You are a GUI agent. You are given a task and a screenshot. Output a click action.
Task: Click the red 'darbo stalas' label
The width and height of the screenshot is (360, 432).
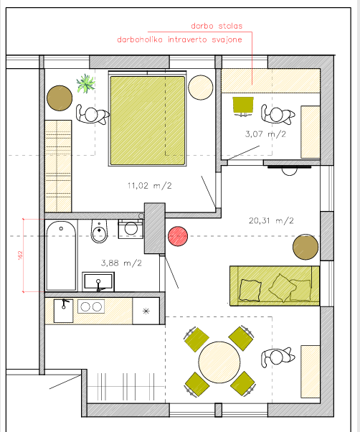pyautogui.click(x=217, y=26)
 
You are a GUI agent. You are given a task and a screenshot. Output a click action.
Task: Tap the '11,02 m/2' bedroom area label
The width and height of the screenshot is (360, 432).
pyautogui.click(x=149, y=185)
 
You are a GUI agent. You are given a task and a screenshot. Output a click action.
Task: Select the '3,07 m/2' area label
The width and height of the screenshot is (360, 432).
pyautogui.click(x=265, y=134)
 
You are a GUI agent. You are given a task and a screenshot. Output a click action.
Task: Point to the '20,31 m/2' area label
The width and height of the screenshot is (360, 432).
pyautogui.click(x=271, y=220)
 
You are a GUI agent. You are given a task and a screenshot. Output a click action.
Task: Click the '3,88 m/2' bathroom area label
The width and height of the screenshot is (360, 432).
pyautogui.click(x=121, y=263)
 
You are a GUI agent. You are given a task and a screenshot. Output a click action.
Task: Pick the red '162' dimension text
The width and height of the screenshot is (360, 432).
pyautogui.click(x=20, y=255)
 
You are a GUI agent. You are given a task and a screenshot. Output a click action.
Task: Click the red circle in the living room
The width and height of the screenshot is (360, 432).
pyautogui.click(x=178, y=236)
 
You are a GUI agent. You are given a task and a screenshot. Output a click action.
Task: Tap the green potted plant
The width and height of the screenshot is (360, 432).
pyautogui.click(x=86, y=83)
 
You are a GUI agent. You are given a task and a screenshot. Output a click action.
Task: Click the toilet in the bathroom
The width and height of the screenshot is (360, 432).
pyautogui.click(x=99, y=231)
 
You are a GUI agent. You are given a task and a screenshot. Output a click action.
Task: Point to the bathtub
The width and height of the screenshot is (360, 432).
pyautogui.click(x=61, y=255)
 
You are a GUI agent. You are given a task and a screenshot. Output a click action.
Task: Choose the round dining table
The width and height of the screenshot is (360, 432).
pyautogui.click(x=219, y=362)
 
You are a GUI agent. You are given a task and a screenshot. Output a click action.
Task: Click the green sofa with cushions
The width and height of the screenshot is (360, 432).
pyautogui.click(x=275, y=286)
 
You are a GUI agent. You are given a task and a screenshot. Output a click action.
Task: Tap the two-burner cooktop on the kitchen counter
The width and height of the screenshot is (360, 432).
pyautogui.click(x=91, y=306)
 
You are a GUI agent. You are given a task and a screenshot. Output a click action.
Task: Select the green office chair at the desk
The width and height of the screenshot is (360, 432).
pyautogui.click(x=243, y=106)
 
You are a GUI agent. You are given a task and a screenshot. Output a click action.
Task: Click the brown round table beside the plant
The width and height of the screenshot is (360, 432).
pyautogui.click(x=60, y=98)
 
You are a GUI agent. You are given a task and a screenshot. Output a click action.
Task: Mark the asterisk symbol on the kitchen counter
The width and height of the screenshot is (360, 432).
pyautogui.click(x=146, y=311)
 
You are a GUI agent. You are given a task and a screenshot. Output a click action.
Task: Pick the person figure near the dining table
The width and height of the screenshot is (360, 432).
pyautogui.click(x=278, y=357)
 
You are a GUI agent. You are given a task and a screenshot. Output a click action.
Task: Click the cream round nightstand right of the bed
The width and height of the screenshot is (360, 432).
pyautogui.click(x=201, y=88)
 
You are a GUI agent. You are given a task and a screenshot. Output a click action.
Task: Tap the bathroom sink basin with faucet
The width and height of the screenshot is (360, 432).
pyautogui.click(x=98, y=281)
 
